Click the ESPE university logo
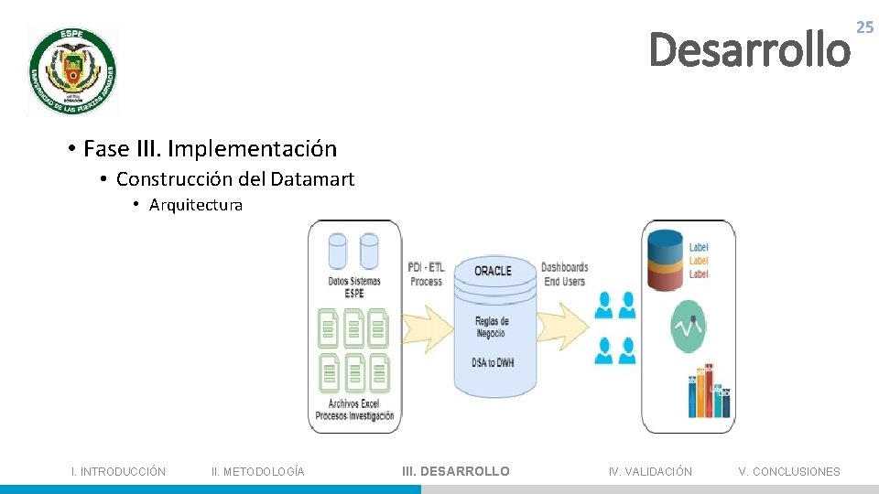coord(72,71)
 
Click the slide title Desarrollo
coord(749,49)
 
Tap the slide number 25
coord(864,28)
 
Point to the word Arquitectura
coord(196,205)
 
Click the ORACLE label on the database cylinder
coord(493,271)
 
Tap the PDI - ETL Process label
coord(427,274)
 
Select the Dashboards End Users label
coord(564,274)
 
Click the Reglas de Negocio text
coord(492,327)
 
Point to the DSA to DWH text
coord(493,362)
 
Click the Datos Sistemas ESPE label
coord(354,286)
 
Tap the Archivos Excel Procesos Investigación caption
coord(354,410)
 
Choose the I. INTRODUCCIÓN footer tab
coord(119,472)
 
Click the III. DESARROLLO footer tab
coord(456,471)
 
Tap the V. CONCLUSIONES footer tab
coord(789,472)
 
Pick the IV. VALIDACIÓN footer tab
coord(650,472)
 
